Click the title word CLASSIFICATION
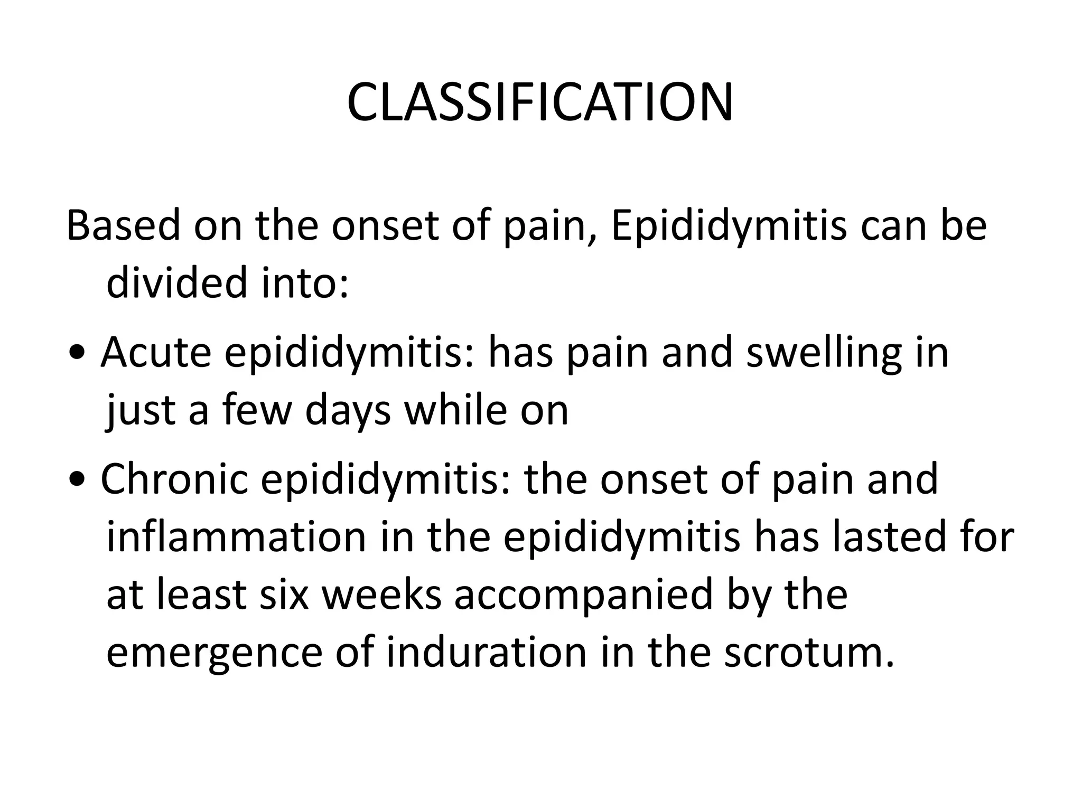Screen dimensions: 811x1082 click(540, 102)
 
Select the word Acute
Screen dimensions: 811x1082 click(156, 353)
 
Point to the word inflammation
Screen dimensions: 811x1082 click(236, 537)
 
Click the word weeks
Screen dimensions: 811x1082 click(381, 595)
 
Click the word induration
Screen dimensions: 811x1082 click(487, 653)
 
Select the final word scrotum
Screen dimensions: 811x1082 click(809, 653)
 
